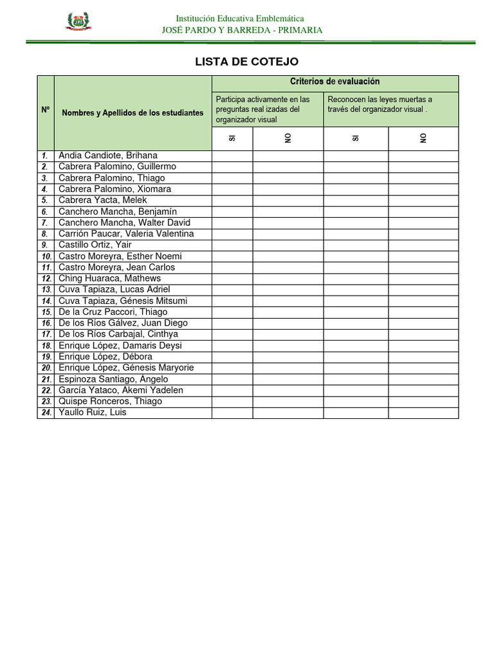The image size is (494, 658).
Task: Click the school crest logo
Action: click(x=78, y=23)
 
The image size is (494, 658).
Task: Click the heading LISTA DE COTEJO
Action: click(x=247, y=62)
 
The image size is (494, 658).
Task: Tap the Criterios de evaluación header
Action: click(x=334, y=82)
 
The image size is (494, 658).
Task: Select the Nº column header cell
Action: click(x=46, y=110)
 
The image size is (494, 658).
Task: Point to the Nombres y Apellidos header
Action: click(x=133, y=112)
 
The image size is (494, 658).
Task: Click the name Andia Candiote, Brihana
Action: click(x=108, y=156)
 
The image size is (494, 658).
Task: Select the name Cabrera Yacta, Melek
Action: click(x=103, y=200)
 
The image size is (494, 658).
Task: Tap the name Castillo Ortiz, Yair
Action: click(x=95, y=245)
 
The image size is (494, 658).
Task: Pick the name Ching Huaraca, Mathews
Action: click(x=109, y=278)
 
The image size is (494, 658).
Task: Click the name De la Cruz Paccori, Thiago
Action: click(x=113, y=312)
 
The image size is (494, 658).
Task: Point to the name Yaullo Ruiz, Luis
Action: click(x=92, y=413)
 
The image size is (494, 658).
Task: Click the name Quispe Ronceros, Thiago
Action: click(x=110, y=401)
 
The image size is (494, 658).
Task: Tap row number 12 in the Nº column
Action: click(x=46, y=279)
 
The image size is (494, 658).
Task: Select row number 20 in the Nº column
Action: click(x=46, y=368)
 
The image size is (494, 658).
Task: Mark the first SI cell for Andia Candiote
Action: click(x=232, y=156)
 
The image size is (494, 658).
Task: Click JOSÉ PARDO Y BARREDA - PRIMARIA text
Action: click(x=242, y=30)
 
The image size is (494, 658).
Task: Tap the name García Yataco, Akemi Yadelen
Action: click(x=121, y=390)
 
